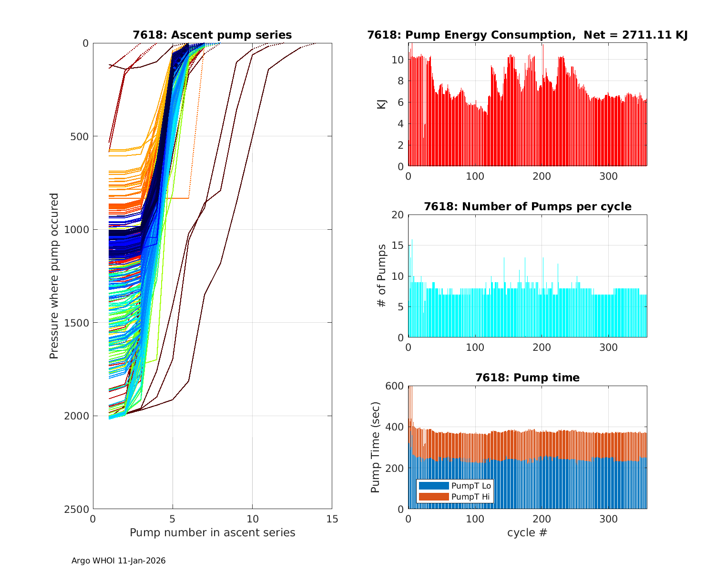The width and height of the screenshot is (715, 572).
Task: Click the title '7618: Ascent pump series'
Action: coord(212,35)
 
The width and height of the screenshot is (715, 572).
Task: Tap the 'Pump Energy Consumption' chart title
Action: coord(527,35)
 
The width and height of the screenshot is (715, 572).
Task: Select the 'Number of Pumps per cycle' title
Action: coord(527,206)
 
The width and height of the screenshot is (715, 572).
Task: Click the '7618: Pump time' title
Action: coord(527,378)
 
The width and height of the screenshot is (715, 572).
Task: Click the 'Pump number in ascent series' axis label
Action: coord(212,532)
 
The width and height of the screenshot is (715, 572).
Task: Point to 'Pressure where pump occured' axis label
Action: coord(54,276)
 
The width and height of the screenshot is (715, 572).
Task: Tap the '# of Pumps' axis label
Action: coord(382,276)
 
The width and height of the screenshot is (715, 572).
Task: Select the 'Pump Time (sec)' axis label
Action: coord(376,447)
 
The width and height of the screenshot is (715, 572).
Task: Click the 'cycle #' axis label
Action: coord(527,532)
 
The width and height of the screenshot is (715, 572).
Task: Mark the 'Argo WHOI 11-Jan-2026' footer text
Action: coord(119,561)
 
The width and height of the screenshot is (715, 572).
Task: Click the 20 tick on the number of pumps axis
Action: coord(398,215)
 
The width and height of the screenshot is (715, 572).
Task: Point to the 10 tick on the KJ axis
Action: coord(398,60)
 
